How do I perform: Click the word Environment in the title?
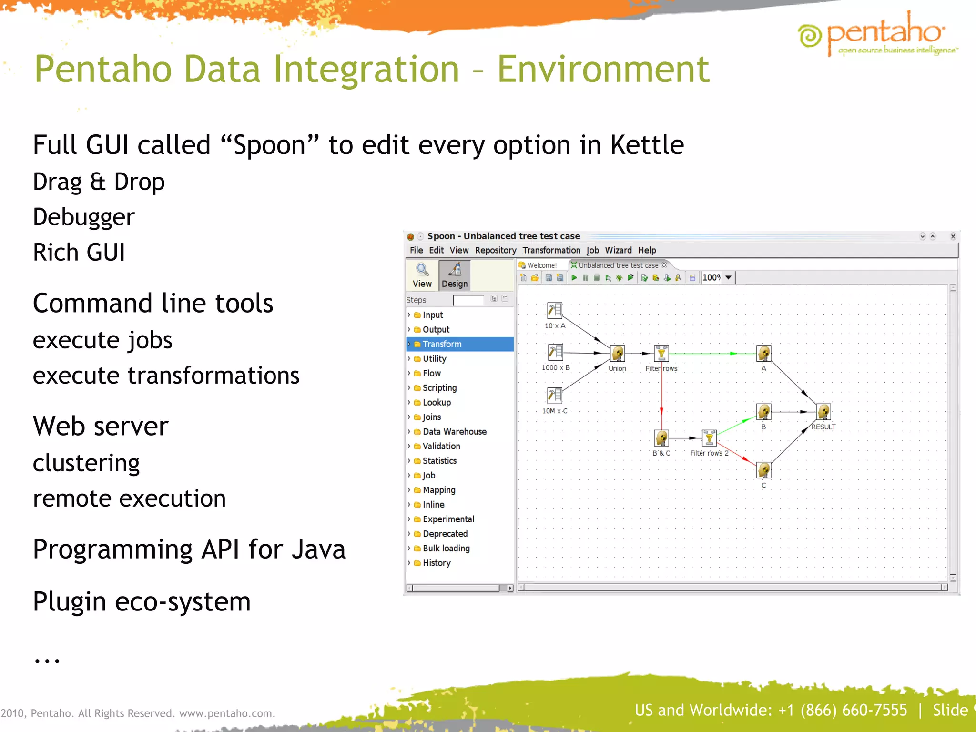tap(603, 70)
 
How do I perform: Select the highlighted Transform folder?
tap(442, 344)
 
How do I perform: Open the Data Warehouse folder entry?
tap(454, 432)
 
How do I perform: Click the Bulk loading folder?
tap(446, 549)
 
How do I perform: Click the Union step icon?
tap(618, 354)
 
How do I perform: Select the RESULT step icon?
tap(823, 412)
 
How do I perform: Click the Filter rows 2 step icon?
tap(709, 437)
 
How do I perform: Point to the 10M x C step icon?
tap(555, 396)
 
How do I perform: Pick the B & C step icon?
tap(661, 437)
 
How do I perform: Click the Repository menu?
tap(495, 251)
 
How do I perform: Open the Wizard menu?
tap(618, 251)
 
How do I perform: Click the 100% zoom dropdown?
tap(728, 277)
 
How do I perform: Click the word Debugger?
tap(84, 217)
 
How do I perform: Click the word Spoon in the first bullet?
tap(270, 145)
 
